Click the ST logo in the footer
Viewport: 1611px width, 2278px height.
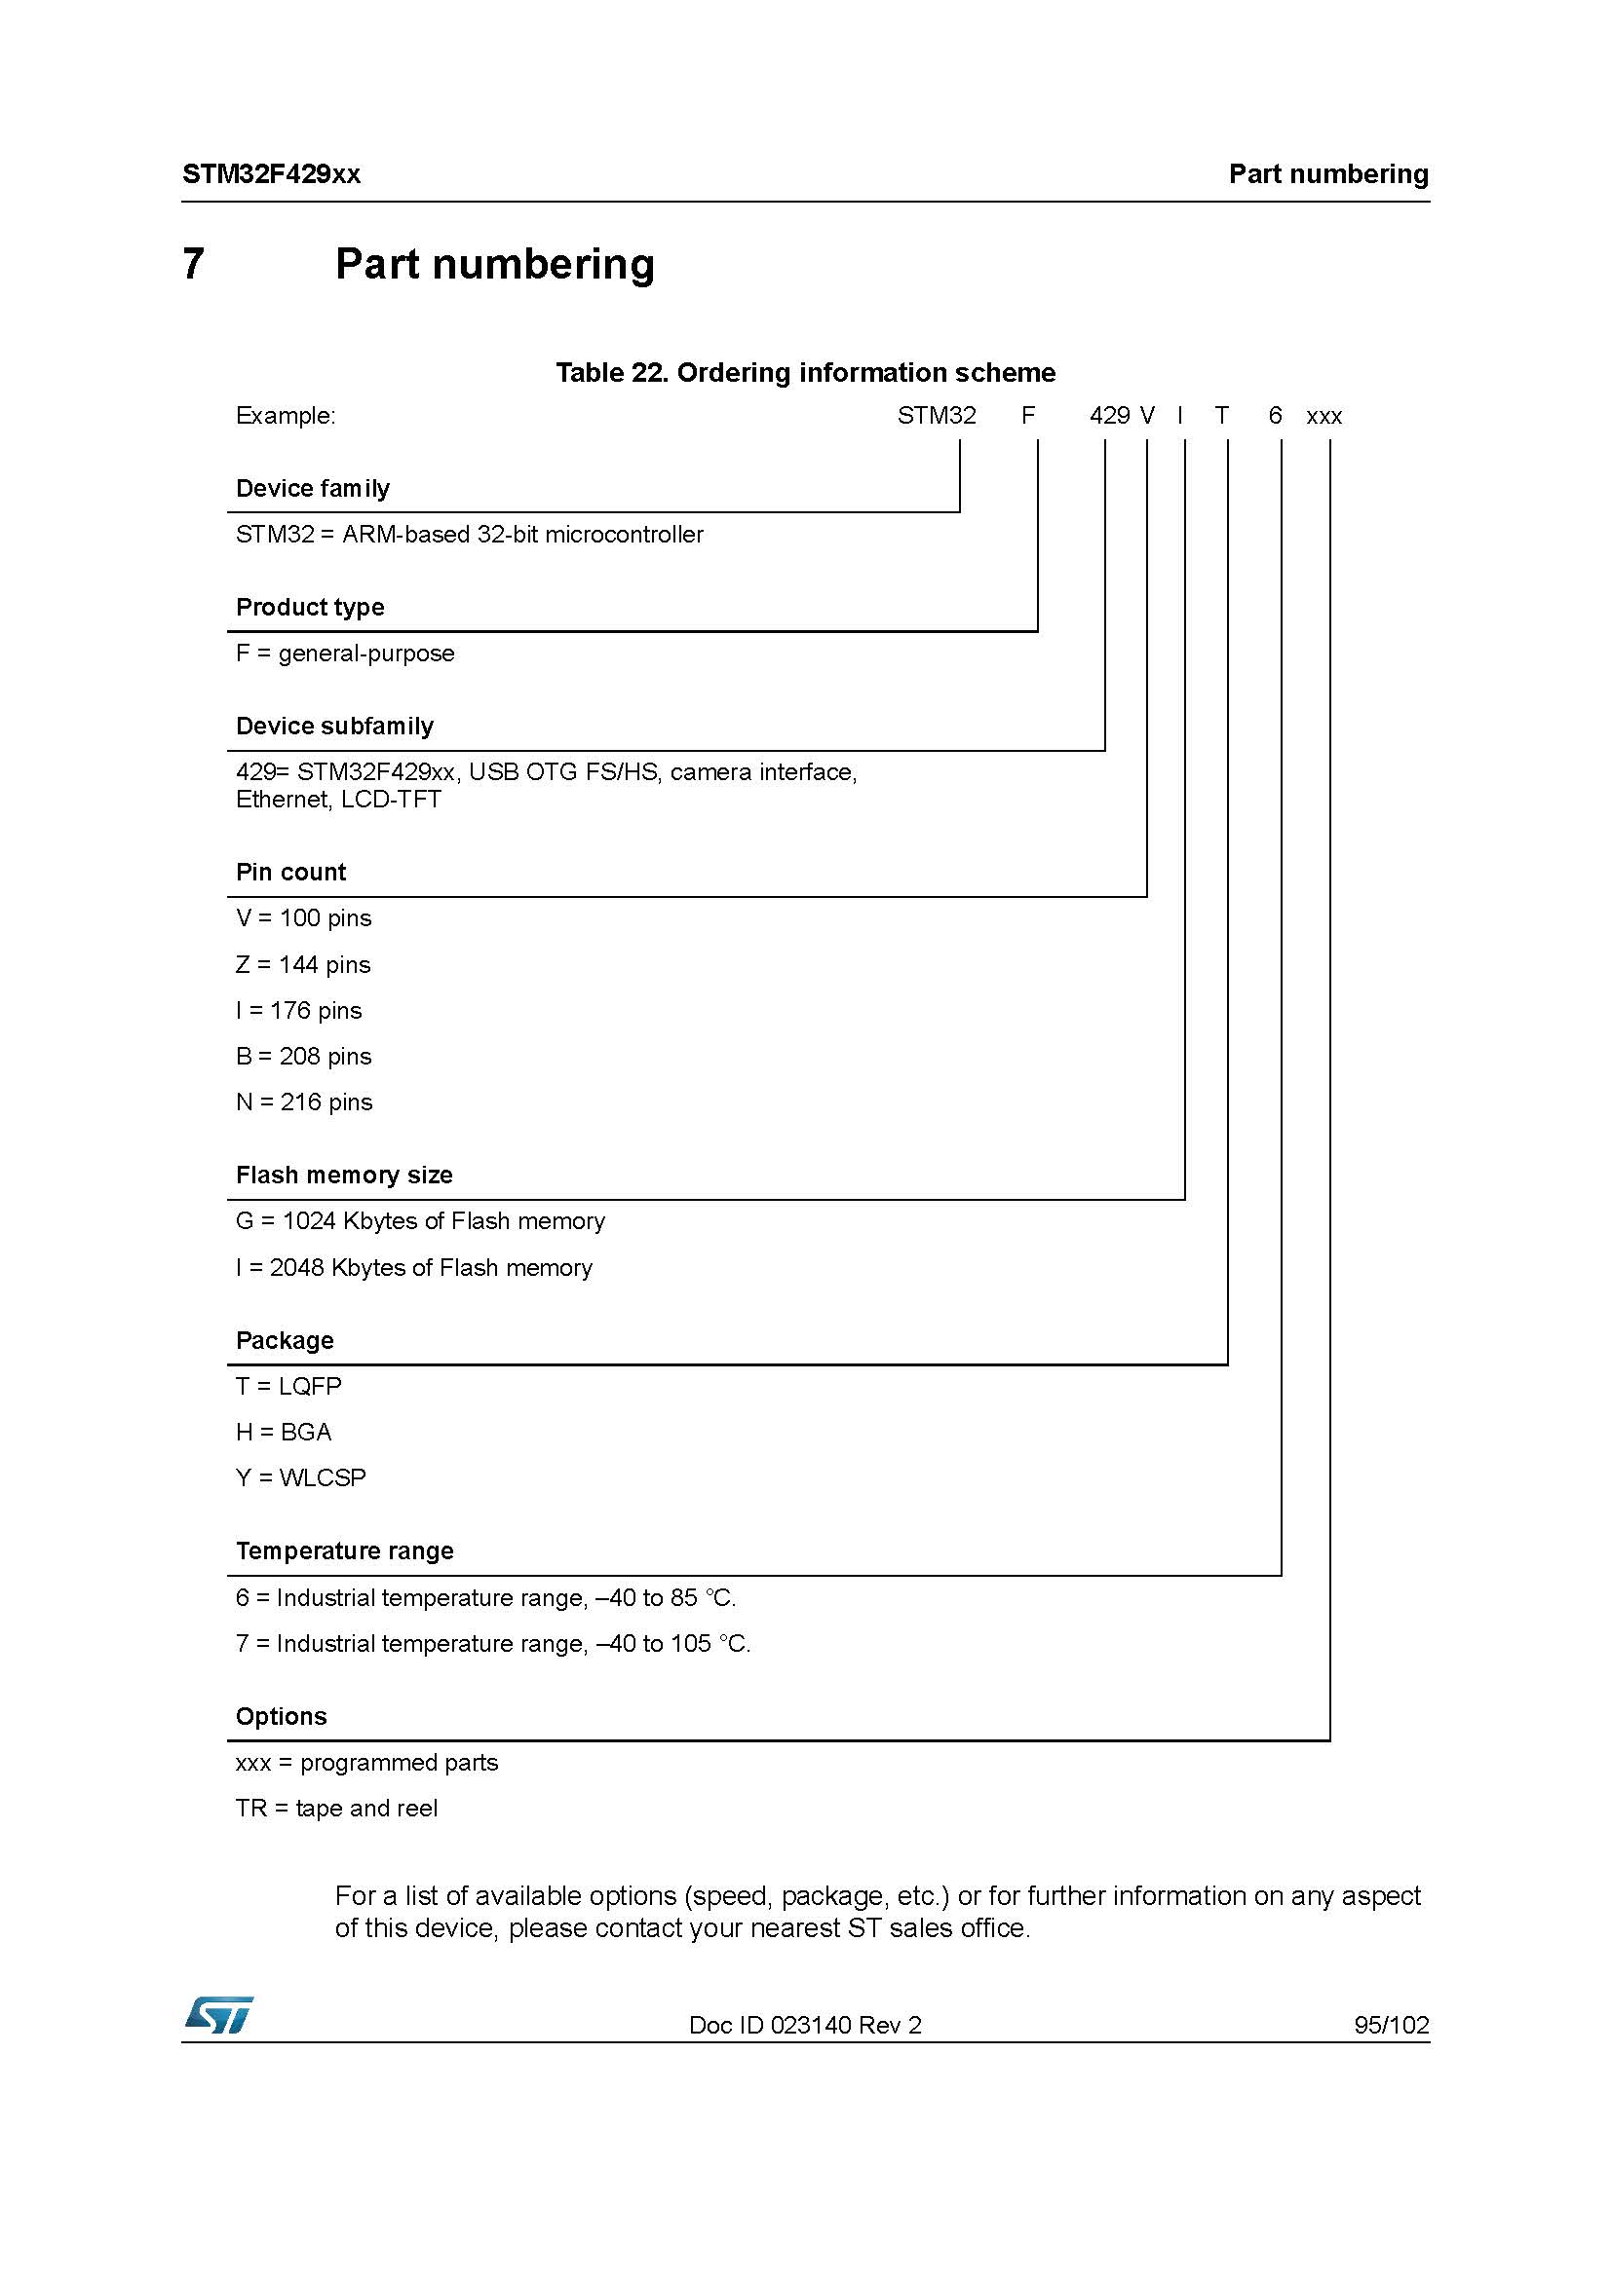pyautogui.click(x=218, y=2015)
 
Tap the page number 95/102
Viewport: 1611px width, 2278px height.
pyautogui.click(x=1391, y=2025)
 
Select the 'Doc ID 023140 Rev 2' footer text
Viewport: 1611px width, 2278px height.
pyautogui.click(x=805, y=2025)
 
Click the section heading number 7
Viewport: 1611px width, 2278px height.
pyautogui.click(x=194, y=264)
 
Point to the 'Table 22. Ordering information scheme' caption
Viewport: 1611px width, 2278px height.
pyautogui.click(x=805, y=373)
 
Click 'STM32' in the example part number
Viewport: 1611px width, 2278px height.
pyautogui.click(x=936, y=416)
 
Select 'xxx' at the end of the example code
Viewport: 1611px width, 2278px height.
pyautogui.click(x=1323, y=417)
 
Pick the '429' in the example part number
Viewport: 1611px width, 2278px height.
pyautogui.click(x=1109, y=416)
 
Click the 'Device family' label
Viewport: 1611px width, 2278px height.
pyautogui.click(x=313, y=488)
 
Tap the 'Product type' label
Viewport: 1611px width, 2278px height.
pyautogui.click(x=310, y=607)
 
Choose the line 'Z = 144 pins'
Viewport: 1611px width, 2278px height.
pyautogui.click(x=303, y=964)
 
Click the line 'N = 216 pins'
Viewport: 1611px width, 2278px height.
pyautogui.click(x=304, y=1102)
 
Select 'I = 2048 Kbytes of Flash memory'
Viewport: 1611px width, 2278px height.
pyautogui.click(x=414, y=1268)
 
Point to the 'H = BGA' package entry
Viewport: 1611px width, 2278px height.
pyautogui.click(x=284, y=1432)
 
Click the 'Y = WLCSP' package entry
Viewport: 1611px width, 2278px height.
pyautogui.click(x=301, y=1477)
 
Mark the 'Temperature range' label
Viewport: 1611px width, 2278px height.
pyautogui.click(x=344, y=1550)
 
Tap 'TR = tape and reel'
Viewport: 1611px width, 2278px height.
pyautogui.click(x=336, y=1808)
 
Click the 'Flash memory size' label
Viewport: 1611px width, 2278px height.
pyautogui.click(x=344, y=1175)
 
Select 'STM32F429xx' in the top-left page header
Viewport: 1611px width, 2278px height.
pyautogui.click(x=271, y=174)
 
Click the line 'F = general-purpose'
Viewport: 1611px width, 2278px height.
pyautogui.click(x=345, y=653)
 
